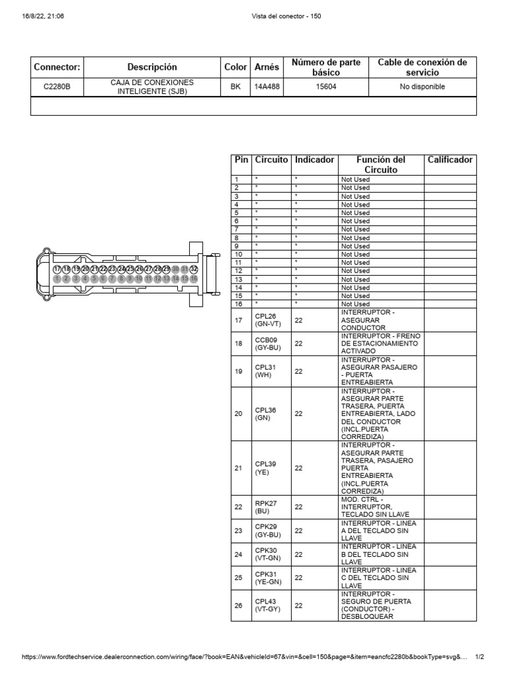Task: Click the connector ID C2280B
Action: click(x=57, y=86)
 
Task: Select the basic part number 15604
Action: click(x=325, y=86)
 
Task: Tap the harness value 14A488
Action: click(x=266, y=86)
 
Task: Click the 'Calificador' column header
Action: click(x=450, y=160)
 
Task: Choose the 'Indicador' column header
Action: click(x=314, y=160)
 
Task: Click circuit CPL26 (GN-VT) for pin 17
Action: click(x=266, y=321)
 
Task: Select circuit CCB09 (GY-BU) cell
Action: click(x=266, y=343)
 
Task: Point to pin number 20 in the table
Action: click(x=239, y=413)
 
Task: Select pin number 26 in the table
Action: click(x=239, y=606)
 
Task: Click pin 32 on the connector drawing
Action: click(x=194, y=269)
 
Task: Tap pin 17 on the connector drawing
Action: click(x=57, y=269)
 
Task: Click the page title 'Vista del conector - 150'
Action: click(x=286, y=16)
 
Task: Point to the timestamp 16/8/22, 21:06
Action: click(x=43, y=16)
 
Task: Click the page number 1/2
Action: click(x=480, y=658)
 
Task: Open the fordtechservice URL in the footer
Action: click(x=244, y=658)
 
